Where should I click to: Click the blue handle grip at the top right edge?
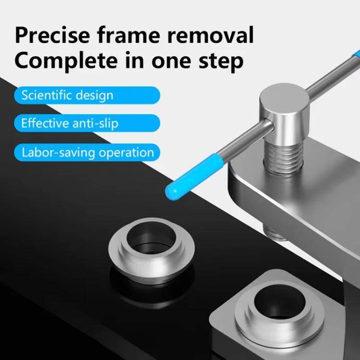click(x=356, y=54)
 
